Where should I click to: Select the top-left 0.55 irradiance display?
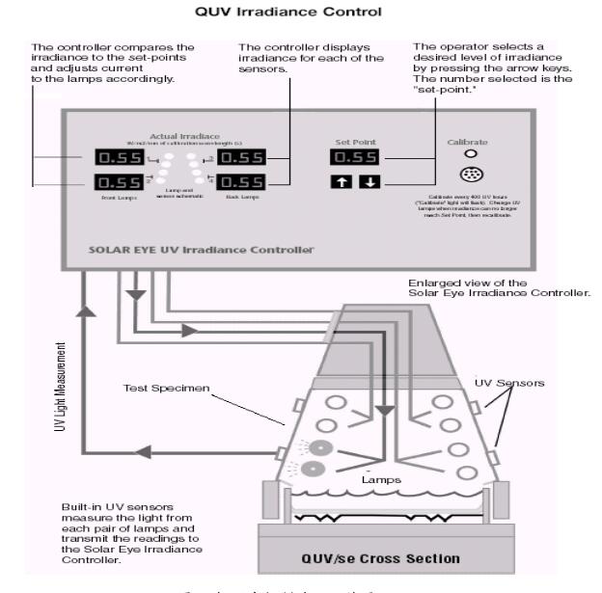(121, 156)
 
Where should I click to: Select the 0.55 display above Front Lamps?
(121, 180)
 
